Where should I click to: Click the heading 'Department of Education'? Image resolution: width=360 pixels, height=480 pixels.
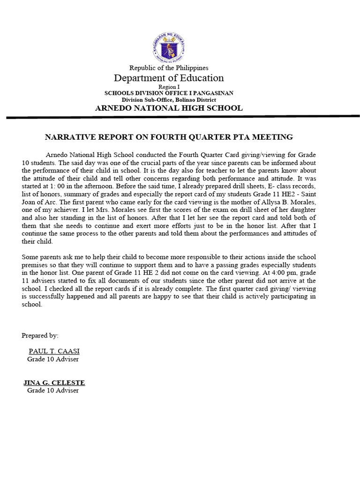point(169,78)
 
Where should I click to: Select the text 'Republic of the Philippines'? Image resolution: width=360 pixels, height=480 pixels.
point(169,68)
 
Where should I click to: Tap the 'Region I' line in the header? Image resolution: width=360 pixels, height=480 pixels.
point(169,87)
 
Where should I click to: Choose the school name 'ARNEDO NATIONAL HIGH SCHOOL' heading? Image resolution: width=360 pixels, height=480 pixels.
point(169,108)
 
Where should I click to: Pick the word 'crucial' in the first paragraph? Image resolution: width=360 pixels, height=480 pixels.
point(135,163)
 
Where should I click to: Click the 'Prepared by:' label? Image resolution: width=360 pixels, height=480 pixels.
point(40,335)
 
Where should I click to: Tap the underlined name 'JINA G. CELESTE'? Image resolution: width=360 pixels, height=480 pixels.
point(54,382)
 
